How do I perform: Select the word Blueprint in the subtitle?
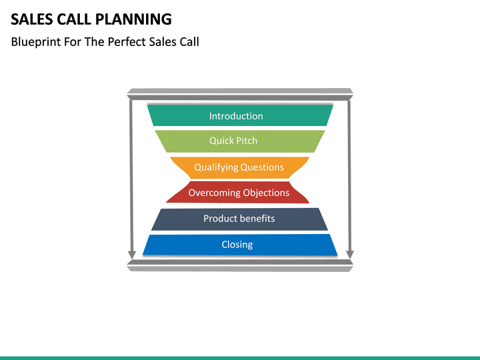35,41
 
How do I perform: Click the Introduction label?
236,116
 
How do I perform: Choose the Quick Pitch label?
233,141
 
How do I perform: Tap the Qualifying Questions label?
239,167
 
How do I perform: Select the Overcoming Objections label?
239,193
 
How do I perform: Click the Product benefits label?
239,219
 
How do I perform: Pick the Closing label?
237,245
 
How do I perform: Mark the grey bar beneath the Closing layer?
240,265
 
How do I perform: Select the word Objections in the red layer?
266,193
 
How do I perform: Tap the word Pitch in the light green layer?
245,141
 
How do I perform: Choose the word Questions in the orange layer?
261,167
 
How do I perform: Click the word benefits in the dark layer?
257,219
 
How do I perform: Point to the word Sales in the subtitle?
164,41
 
